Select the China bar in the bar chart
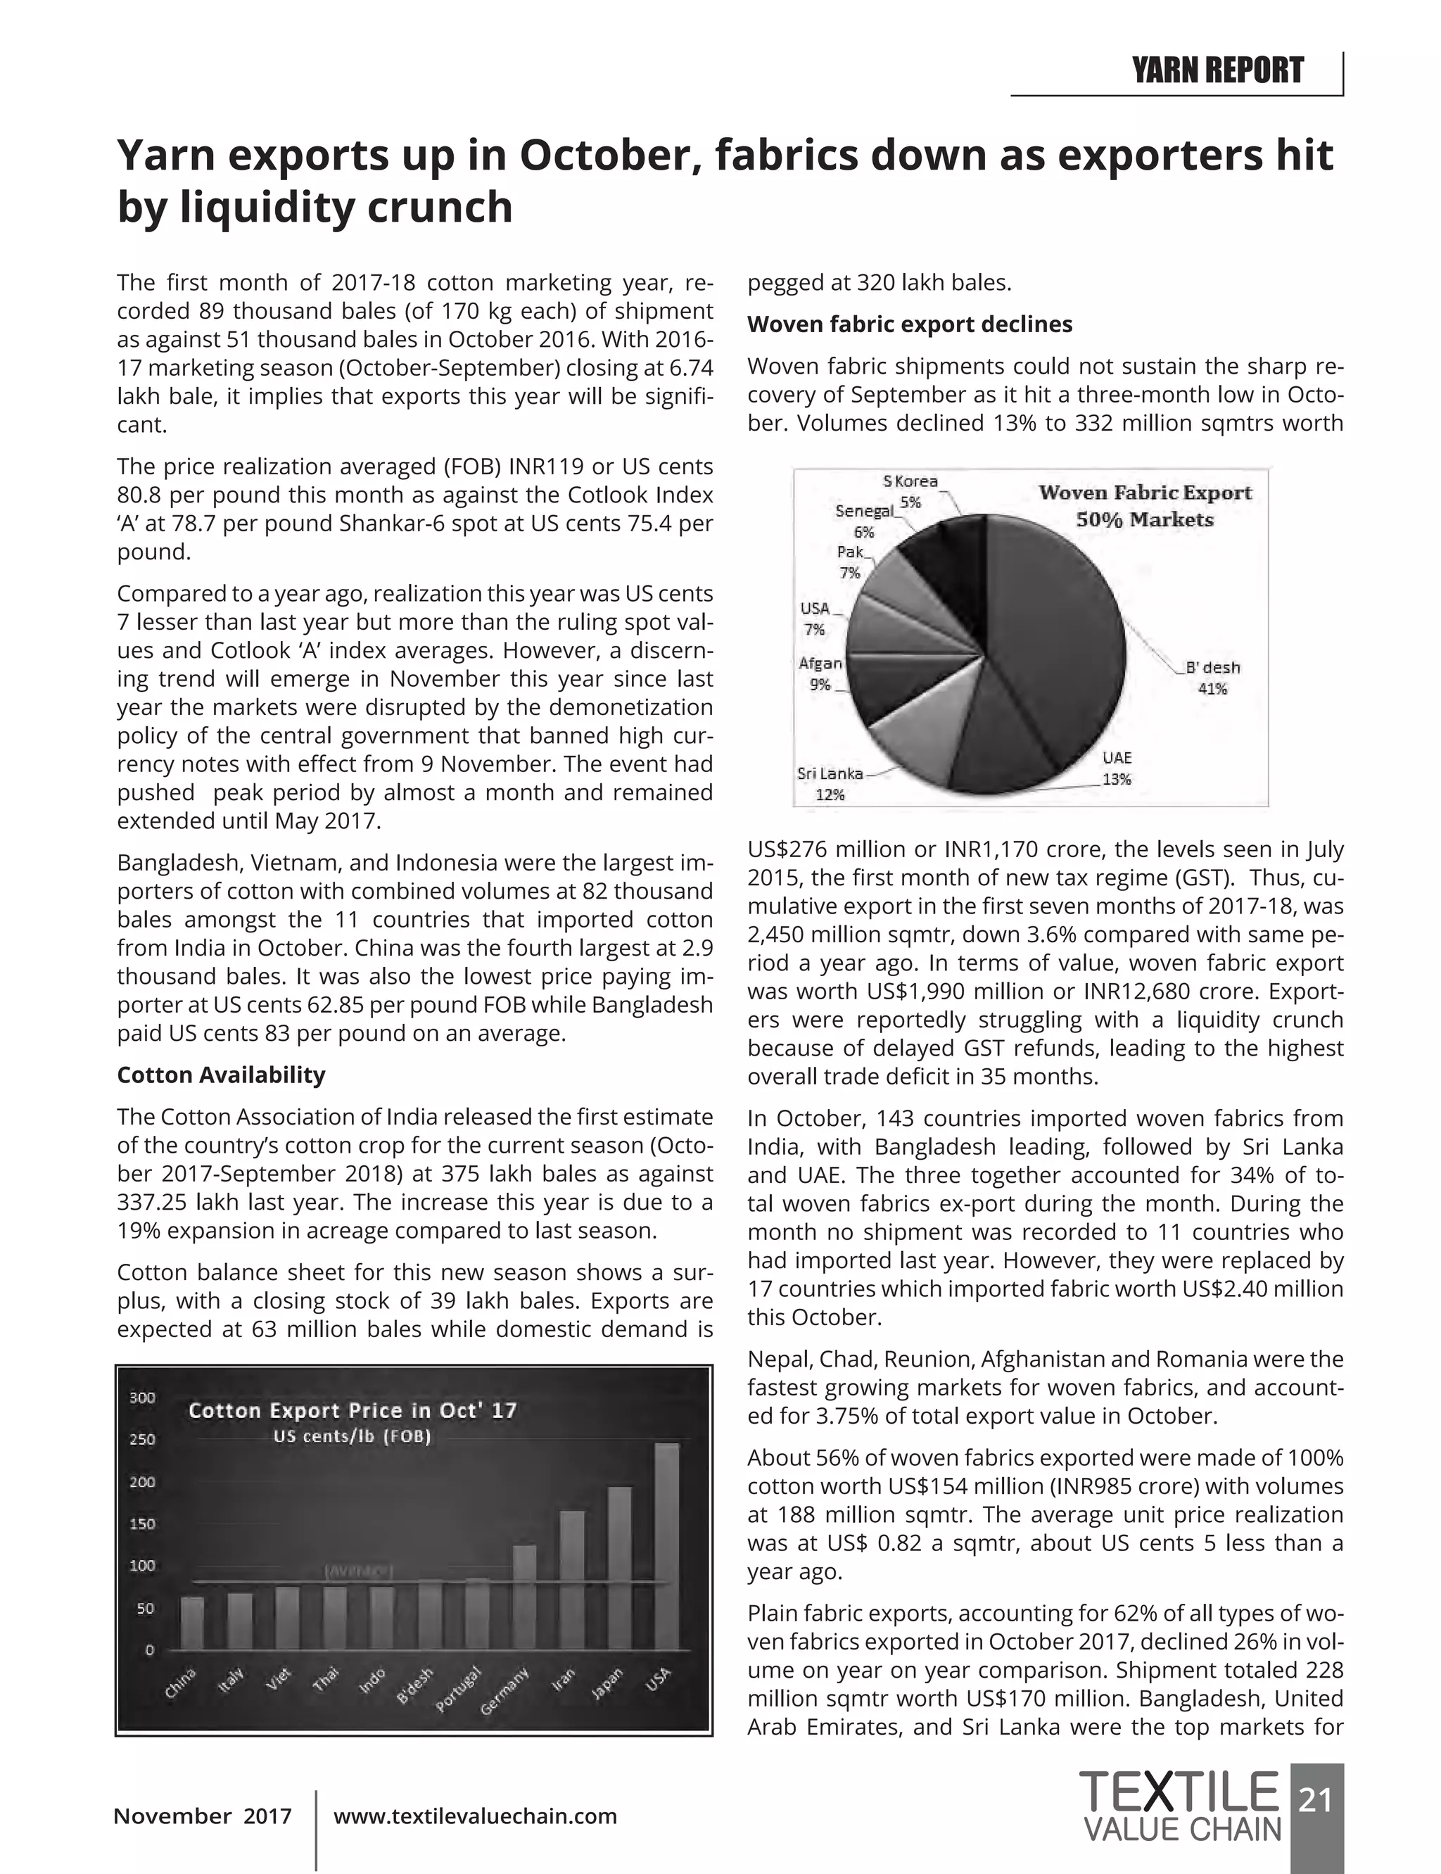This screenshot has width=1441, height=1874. coord(193,1623)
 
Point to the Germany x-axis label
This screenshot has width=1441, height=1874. coord(504,1690)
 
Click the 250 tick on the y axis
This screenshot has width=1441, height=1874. coord(142,1439)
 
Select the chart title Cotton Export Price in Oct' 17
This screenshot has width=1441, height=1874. coord(353,1411)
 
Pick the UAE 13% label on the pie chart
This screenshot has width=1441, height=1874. coord(1117,768)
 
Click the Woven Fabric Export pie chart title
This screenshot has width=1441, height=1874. coord(1145,505)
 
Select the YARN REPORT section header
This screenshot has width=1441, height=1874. coord(1217,70)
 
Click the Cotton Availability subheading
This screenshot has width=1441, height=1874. coord(222,1075)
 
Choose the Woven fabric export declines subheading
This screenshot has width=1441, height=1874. coord(910,324)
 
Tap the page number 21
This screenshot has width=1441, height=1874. coord(1316,1799)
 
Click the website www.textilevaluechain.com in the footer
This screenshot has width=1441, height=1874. coord(475,1816)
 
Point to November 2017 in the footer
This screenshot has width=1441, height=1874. coord(203,1816)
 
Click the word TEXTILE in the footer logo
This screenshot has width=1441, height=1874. coord(1179,1792)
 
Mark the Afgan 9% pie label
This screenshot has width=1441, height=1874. coord(820,673)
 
